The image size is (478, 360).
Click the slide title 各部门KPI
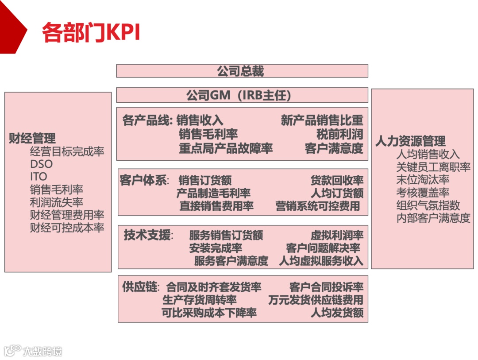pos(91,32)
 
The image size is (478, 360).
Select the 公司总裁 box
pos(242,71)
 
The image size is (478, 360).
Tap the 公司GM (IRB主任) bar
pos(242,95)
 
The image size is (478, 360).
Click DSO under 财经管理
pos(41,164)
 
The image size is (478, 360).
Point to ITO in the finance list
pos(39,177)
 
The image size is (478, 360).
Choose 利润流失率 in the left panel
pos(56,202)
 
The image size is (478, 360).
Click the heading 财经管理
pos(32,139)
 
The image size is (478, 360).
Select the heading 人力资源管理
pos(410,141)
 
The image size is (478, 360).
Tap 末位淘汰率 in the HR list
pos(423,180)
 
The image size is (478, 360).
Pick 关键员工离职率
pos(433,167)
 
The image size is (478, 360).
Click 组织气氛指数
pos(428,205)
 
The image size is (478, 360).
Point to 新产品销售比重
pos(322,120)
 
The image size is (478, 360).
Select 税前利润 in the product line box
pos(339,134)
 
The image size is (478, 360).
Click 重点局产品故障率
pos(226,148)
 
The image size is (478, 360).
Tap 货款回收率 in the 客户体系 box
pos(337,181)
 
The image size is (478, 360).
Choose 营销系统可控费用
pos(317,206)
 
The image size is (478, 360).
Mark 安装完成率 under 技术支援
pos(216,248)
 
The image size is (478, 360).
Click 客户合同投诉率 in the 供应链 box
pos(326,287)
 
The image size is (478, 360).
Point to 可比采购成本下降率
pos(209,313)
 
